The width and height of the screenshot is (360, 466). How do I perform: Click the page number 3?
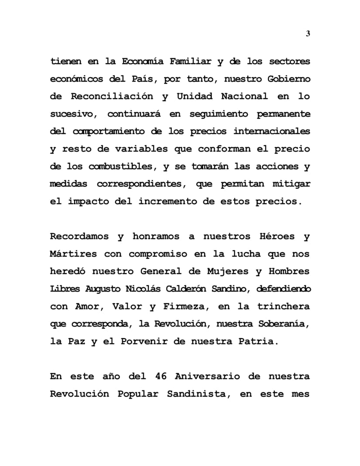(x=308, y=34)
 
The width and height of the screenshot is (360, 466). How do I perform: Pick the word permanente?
(x=284, y=114)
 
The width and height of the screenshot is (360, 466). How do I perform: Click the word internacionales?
(x=272, y=131)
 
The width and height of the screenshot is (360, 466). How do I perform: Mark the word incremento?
(x=178, y=202)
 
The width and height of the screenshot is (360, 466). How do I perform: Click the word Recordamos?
(x=79, y=236)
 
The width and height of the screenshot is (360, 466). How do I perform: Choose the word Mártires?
(x=73, y=254)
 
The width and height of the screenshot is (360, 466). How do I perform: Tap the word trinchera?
(x=284, y=306)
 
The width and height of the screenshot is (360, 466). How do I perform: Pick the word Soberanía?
(x=284, y=324)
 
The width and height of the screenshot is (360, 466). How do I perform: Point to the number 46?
(x=161, y=377)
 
